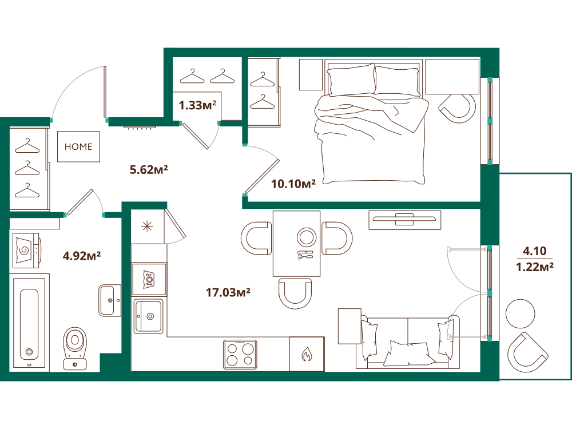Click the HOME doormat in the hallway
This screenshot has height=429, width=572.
pyautogui.click(x=78, y=146)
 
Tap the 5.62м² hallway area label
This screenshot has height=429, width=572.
pyautogui.click(x=149, y=170)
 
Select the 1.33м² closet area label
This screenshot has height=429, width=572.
pyautogui.click(x=197, y=105)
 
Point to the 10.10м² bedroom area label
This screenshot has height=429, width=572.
pyautogui.click(x=293, y=184)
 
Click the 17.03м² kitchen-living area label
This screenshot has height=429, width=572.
pyautogui.click(x=228, y=292)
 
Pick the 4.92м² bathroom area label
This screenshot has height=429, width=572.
pyautogui.click(x=82, y=256)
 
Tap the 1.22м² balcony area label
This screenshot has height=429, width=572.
pyautogui.click(x=535, y=267)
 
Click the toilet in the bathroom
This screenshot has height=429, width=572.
pyautogui.click(x=75, y=348)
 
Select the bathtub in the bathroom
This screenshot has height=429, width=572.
pyautogui.click(x=29, y=323)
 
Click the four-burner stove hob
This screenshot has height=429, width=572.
pyautogui.click(x=240, y=354)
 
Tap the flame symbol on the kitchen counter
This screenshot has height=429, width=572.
pyautogui.click(x=307, y=353)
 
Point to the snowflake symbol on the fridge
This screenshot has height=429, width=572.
pyautogui.click(x=148, y=227)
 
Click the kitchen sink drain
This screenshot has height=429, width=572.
pyautogui.click(x=150, y=316)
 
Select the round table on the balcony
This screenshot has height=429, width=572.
pyautogui.click(x=521, y=313)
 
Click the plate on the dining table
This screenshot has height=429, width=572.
pyautogui.click(x=307, y=237)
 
